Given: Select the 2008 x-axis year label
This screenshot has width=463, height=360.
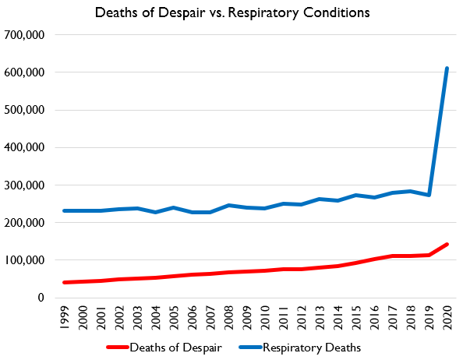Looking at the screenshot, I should click(228, 319).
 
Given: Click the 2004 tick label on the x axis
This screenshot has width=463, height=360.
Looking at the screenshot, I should click(155, 319).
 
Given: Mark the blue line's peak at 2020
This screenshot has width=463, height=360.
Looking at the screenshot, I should click(447, 69).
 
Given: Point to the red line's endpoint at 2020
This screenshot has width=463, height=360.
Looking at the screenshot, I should click(447, 244).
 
